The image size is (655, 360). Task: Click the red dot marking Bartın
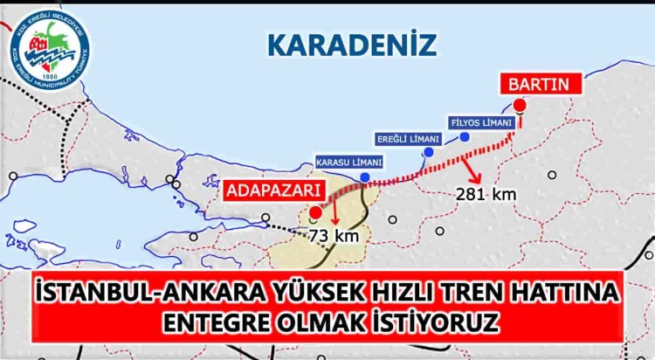pyautogui.click(x=520, y=106)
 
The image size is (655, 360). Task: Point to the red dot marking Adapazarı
pyautogui.click(x=315, y=211)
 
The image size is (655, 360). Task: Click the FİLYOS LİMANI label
pyautogui.click(x=480, y=123)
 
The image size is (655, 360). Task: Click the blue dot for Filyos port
pyautogui.click(x=465, y=137)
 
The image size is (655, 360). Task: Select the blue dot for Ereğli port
pyautogui.click(x=428, y=153)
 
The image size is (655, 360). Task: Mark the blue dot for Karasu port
pyautogui.click(x=364, y=177)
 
